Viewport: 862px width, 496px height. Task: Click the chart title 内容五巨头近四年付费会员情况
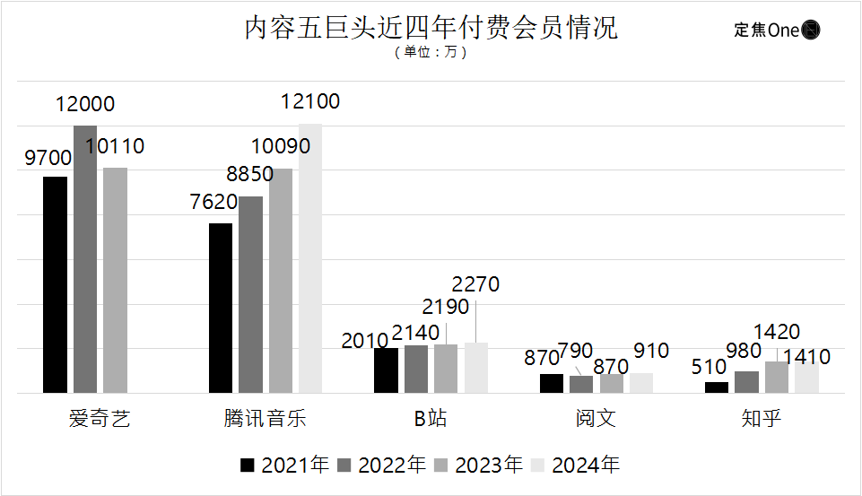[x=431, y=29]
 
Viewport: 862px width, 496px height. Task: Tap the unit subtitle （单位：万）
[x=431, y=53]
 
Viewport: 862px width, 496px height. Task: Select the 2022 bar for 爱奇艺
[x=85, y=259]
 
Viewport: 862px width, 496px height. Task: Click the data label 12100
[x=310, y=102]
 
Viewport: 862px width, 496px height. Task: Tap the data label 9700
[x=48, y=159]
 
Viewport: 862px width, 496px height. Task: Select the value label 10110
[x=115, y=146]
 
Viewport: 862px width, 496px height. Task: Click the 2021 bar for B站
[x=386, y=370]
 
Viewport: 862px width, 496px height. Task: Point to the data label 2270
[x=475, y=285]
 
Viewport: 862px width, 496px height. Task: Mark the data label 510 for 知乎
[x=708, y=366]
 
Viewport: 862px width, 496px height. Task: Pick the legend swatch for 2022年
[x=344, y=465]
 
